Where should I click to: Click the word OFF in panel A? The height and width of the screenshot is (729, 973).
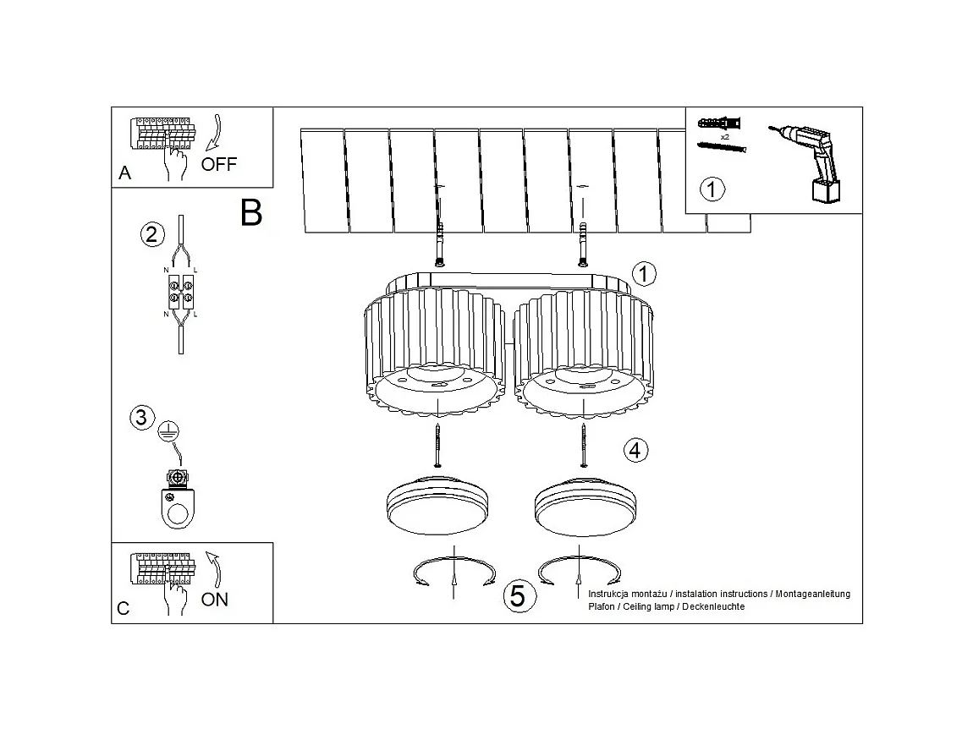tap(219, 164)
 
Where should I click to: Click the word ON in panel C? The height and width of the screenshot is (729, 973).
tap(214, 600)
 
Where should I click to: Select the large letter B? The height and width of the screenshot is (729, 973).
tap(251, 212)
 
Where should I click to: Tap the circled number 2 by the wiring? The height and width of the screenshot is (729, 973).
tap(151, 234)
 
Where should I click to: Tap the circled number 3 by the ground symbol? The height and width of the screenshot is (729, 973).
tap(141, 417)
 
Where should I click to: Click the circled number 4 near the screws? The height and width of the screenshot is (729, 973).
tap(636, 451)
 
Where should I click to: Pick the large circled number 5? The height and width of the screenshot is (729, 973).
tap(518, 596)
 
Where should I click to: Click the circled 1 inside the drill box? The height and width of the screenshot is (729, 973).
tap(712, 188)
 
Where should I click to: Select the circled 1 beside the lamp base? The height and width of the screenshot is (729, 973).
tap(644, 273)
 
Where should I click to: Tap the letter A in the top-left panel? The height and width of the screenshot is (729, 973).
tap(125, 173)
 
